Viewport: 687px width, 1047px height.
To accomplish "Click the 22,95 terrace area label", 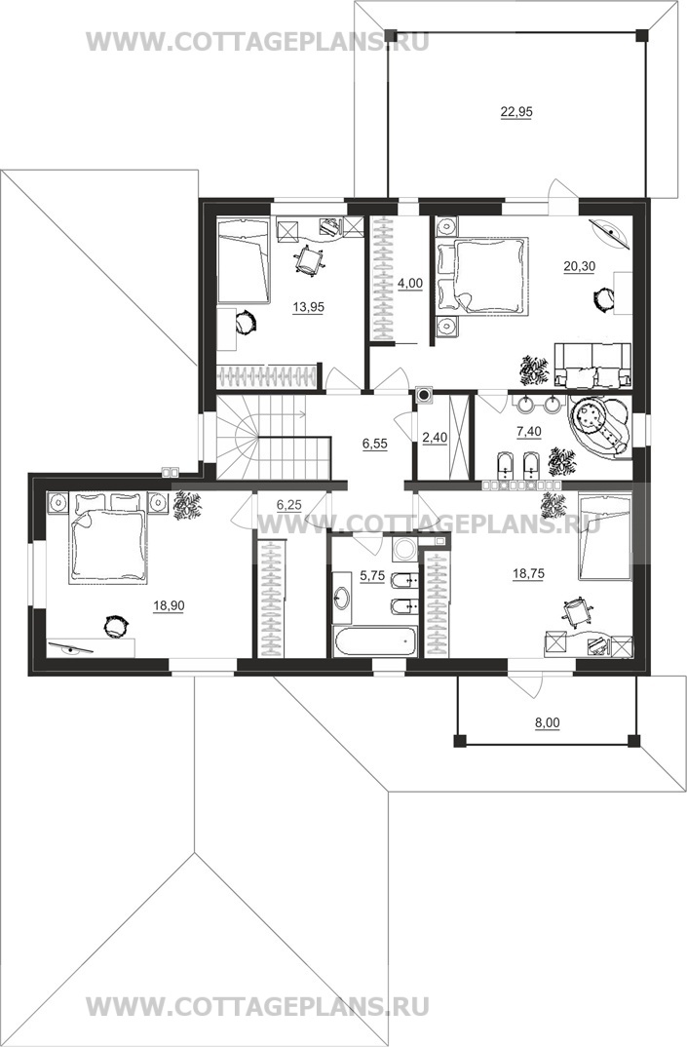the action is click(x=516, y=112).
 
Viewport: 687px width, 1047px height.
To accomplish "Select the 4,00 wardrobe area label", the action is click(x=410, y=283).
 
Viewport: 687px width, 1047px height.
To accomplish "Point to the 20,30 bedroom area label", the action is click(x=579, y=266).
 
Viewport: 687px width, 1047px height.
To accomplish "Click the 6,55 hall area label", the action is click(x=375, y=443).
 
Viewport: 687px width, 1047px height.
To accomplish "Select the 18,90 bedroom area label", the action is click(x=169, y=605).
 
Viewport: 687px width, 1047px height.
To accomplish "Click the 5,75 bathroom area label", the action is click(x=372, y=575).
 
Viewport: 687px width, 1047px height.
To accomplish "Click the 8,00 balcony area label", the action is click(x=548, y=721).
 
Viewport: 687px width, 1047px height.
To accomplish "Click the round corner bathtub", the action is click(x=599, y=426).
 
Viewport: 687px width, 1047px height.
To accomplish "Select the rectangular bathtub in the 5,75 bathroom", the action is click(x=375, y=641).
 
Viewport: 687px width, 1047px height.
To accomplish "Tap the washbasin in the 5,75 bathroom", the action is click(x=342, y=597).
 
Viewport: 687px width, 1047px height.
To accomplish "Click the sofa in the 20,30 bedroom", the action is click(x=592, y=366).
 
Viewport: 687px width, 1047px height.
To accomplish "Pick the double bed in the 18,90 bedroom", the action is click(x=107, y=538).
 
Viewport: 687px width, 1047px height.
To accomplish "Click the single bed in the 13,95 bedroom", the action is click(x=244, y=261).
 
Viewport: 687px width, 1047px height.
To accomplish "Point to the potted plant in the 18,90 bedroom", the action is click(x=185, y=506).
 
